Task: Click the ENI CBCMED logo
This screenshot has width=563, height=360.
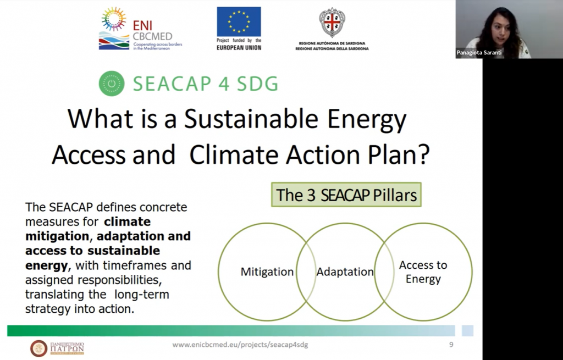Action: click(x=140, y=29)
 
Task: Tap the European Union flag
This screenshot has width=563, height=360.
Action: click(x=239, y=21)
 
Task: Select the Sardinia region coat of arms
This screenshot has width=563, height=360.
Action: click(x=332, y=22)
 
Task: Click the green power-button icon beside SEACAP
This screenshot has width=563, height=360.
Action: click(x=112, y=84)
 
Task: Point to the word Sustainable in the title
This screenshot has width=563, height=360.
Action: click(x=251, y=119)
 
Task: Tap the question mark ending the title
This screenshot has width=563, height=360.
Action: click(x=424, y=154)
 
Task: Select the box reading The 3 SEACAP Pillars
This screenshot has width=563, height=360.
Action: click(x=346, y=195)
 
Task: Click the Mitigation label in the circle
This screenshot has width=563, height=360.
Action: click(x=267, y=272)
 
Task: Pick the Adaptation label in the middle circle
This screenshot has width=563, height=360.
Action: click(x=345, y=272)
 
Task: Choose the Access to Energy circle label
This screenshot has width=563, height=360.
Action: click(x=423, y=272)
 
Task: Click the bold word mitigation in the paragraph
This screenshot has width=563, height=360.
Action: click(x=57, y=236)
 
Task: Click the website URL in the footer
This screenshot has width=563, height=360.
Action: click(x=240, y=345)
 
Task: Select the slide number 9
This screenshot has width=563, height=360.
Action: click(x=451, y=345)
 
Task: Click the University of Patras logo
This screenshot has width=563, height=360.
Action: click(x=57, y=348)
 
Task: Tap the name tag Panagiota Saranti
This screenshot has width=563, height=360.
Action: click(x=479, y=52)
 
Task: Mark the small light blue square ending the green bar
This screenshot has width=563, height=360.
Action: click(x=467, y=330)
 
